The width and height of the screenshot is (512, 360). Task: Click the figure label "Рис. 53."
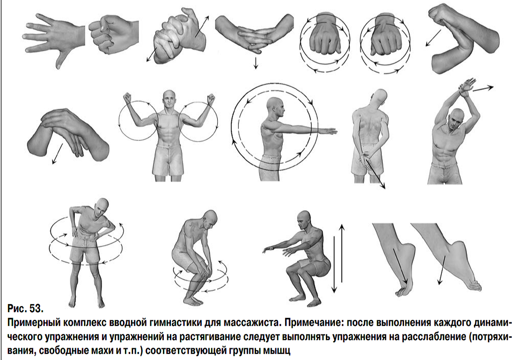point(25,308)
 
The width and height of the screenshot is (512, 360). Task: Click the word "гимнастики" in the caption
point(174,323)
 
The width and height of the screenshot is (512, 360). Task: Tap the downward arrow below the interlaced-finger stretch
point(256,63)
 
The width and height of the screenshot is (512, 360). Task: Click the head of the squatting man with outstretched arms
point(305,221)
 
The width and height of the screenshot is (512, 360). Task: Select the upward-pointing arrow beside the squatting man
point(342,253)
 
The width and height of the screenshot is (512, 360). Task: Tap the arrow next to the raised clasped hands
point(483,88)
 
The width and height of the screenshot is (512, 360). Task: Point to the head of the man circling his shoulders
point(169,99)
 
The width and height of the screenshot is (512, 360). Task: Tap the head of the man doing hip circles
point(101,208)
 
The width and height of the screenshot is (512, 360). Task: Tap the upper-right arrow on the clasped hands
point(202,26)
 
